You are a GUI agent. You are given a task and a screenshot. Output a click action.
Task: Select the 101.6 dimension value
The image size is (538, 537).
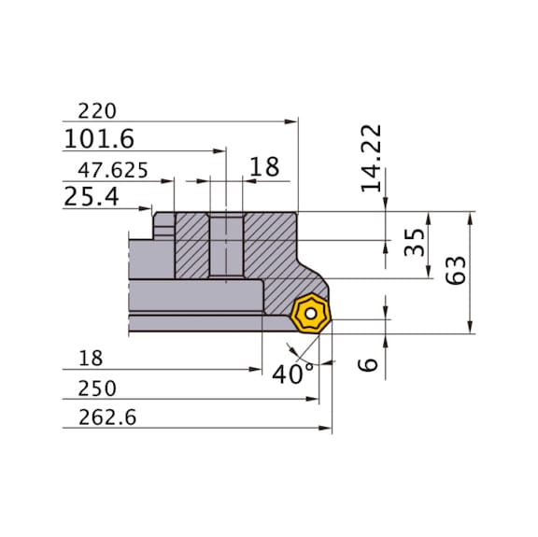pos(99,140)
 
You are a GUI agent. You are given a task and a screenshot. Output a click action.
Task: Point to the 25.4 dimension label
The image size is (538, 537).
pos(90,198)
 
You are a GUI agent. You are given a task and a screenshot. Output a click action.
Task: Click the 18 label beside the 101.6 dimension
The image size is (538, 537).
pos(264,168)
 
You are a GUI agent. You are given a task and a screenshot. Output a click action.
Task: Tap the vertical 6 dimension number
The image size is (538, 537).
pos(371,360)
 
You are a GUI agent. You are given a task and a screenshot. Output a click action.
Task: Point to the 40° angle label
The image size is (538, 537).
pos(292,374)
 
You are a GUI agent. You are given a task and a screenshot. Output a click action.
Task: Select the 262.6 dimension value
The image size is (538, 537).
pos(100,418)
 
